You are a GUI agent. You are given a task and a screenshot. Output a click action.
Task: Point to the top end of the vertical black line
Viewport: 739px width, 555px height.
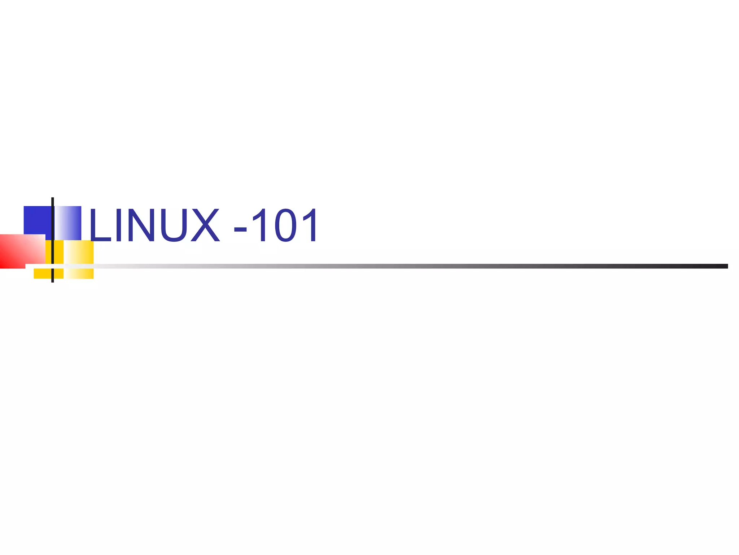pos(53,199)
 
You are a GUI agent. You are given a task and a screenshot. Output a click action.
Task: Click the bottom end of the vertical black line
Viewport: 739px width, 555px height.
pos(53,281)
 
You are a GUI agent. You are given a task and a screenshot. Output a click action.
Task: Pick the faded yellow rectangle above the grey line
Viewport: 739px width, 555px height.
pos(79,251)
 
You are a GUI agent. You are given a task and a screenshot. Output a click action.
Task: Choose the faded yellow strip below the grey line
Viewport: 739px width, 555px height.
pos(79,274)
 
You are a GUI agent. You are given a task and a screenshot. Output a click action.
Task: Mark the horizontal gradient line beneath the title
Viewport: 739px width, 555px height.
pos(397,266)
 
